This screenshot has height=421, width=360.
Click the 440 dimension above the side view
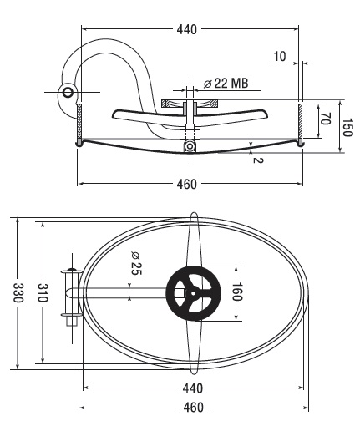click(186, 29)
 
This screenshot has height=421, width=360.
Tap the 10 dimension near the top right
click(280, 56)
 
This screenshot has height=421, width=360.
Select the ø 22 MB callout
click(226, 83)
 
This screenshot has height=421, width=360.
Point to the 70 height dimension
click(325, 119)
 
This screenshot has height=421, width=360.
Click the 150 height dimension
click(347, 128)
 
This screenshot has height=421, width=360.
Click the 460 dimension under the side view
click(186, 184)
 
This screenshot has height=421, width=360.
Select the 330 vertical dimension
click(18, 292)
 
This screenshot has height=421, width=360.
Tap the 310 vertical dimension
click(43, 292)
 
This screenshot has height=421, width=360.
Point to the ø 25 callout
click(136, 263)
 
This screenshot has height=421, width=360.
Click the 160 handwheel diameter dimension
click(236, 292)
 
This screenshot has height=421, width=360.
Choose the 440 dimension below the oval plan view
click(193, 388)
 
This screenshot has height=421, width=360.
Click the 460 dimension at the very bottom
click(193, 408)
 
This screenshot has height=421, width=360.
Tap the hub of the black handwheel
click(193, 293)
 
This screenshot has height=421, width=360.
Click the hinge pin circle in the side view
click(68, 92)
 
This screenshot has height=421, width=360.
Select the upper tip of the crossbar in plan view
click(194, 214)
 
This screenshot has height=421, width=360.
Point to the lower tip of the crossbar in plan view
click(194, 373)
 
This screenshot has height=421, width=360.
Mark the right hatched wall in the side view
click(300, 121)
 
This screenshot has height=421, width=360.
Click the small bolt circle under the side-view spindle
click(190, 146)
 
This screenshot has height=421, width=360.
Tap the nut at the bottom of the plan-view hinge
click(72, 321)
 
